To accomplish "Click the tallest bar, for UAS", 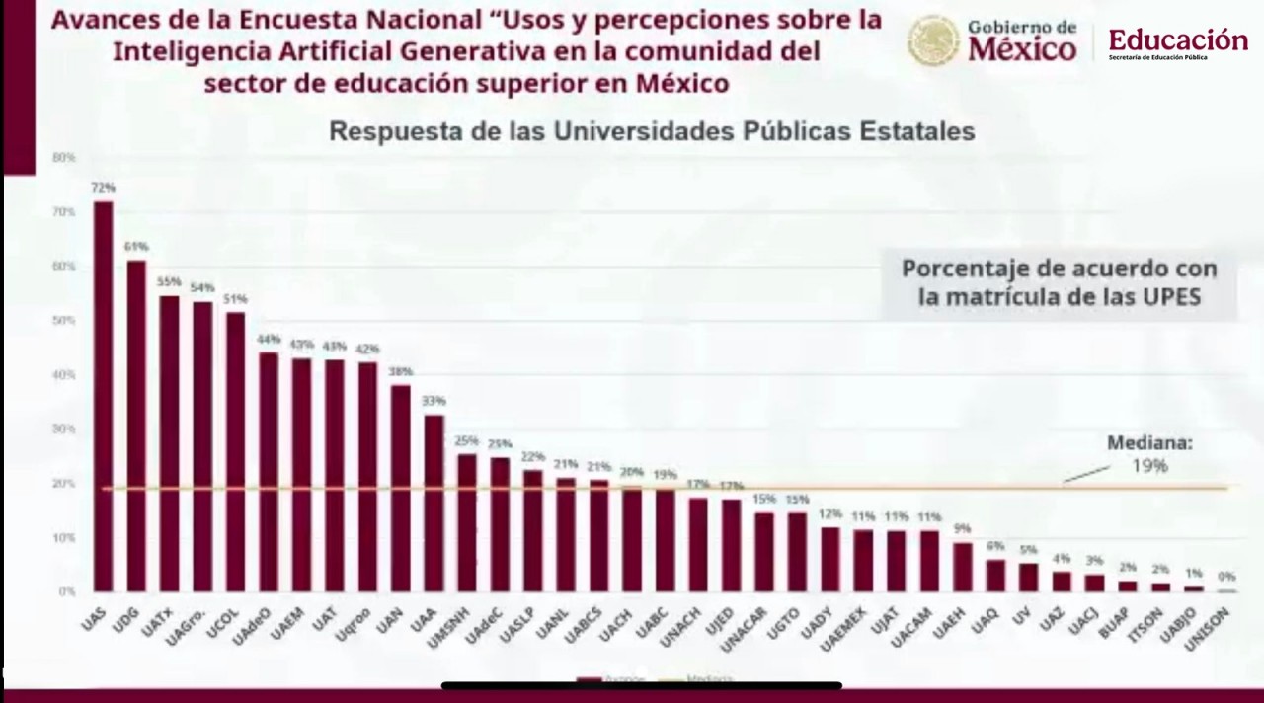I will click(104, 395).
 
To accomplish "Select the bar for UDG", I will click(136, 425).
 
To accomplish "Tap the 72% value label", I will click(104, 187).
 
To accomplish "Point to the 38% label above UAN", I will click(401, 371).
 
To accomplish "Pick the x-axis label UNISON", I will click(1210, 629).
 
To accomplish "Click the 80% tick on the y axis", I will click(64, 158).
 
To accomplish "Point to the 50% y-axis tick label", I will click(64, 321).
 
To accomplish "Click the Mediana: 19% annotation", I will click(1148, 454).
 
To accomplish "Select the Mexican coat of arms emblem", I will click(933, 40).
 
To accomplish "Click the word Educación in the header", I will click(1178, 40).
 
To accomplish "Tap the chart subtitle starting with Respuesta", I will click(652, 131).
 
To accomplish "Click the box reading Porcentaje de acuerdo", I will click(1059, 282).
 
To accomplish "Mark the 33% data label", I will click(434, 401).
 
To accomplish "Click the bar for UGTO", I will click(797, 551).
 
